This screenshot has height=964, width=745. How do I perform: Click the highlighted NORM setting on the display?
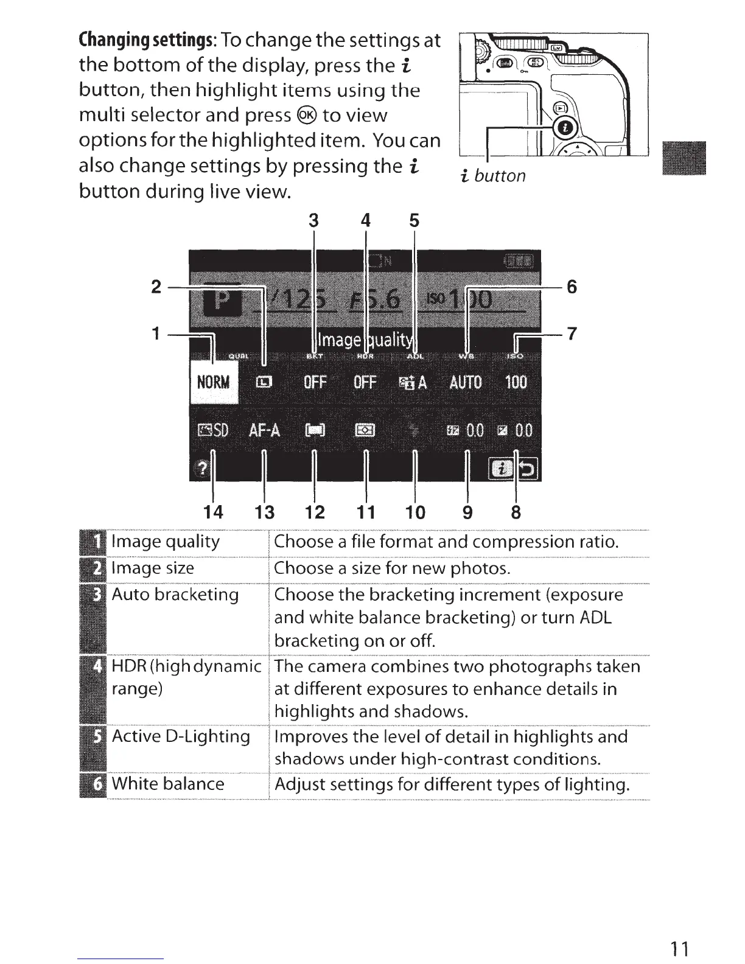coord(214,382)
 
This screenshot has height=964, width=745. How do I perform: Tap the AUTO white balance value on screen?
coord(466,382)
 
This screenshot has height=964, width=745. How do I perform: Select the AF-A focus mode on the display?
coord(264,430)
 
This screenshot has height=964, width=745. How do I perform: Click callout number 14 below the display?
coord(213,512)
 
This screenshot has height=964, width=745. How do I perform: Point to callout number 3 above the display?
coord(313,221)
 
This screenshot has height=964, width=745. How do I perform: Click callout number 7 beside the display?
coord(571,334)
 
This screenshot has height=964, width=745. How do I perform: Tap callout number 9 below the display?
coord(467,512)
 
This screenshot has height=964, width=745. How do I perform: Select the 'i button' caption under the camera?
coord(493,176)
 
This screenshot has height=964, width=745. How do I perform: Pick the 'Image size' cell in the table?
coord(153,568)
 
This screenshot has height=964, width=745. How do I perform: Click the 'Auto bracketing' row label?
coord(175,594)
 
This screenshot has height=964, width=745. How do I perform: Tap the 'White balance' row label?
coord(168,783)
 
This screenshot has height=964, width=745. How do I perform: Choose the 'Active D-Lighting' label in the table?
coord(181,736)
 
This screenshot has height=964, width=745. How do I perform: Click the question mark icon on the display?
coord(201,469)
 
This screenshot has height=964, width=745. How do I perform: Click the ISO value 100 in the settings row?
coord(516,382)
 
